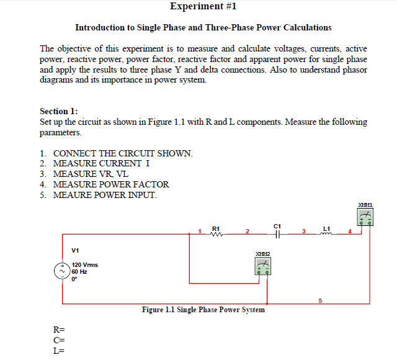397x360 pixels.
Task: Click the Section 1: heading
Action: (59, 111)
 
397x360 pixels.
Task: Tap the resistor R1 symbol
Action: (216, 233)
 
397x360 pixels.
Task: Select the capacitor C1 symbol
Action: (278, 234)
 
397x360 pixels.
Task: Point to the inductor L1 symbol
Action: (326, 233)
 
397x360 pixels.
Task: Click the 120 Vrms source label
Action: (85, 264)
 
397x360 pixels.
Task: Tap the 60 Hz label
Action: (80, 271)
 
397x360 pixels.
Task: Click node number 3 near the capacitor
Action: (304, 232)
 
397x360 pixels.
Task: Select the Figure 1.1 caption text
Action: (203, 309)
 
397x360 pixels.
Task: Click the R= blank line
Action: (60, 330)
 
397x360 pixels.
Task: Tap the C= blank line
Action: (60, 340)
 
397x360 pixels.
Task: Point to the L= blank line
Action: (60, 349)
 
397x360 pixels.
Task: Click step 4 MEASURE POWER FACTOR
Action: (110, 184)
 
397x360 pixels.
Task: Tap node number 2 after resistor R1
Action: (247, 232)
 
